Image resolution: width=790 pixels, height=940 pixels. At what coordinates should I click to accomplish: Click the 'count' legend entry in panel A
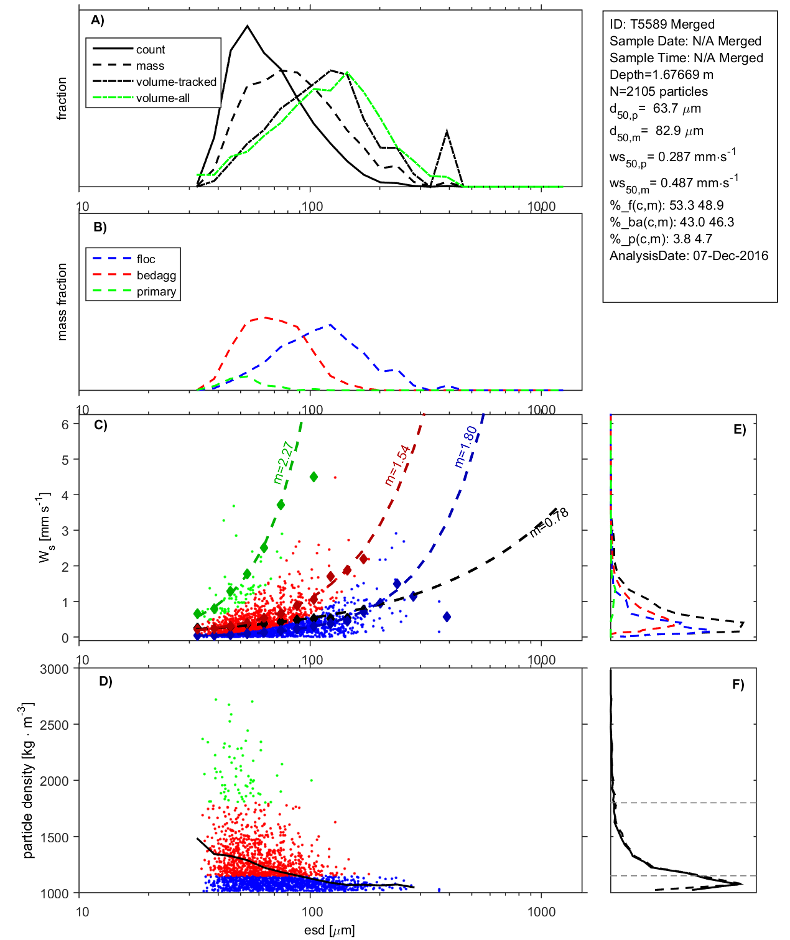tap(151, 50)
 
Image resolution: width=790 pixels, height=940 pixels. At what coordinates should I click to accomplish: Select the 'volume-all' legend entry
tap(162, 98)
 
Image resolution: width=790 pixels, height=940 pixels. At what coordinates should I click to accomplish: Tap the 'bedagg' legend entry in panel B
tap(156, 276)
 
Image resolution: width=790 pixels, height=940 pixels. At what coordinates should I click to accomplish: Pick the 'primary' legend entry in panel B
tap(156, 292)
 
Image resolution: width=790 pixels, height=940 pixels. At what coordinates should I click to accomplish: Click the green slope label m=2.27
tap(283, 463)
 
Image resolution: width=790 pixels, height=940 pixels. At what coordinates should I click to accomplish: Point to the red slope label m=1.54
tap(397, 465)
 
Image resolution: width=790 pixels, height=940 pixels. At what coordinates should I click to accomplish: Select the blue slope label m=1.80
tap(466, 447)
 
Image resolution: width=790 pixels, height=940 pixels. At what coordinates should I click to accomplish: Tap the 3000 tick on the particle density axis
tap(54, 669)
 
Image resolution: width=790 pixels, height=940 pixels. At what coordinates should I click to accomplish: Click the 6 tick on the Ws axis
tap(65, 424)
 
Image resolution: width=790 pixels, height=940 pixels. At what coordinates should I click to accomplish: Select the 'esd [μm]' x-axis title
tap(329, 930)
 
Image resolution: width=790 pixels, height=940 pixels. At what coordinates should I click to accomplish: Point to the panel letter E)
tap(739, 429)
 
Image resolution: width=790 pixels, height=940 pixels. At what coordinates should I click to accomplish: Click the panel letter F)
tap(738, 684)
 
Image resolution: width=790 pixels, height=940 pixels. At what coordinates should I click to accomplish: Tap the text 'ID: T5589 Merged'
tap(662, 24)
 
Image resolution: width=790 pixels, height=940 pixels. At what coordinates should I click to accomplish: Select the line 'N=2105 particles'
tap(658, 91)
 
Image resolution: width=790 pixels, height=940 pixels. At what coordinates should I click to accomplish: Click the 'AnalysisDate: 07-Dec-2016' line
tap(689, 256)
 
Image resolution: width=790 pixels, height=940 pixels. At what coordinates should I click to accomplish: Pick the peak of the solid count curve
tap(248, 26)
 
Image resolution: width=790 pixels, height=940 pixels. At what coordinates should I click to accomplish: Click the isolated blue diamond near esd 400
tap(447, 617)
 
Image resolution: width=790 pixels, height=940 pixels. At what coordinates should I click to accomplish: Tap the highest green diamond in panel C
tap(314, 477)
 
